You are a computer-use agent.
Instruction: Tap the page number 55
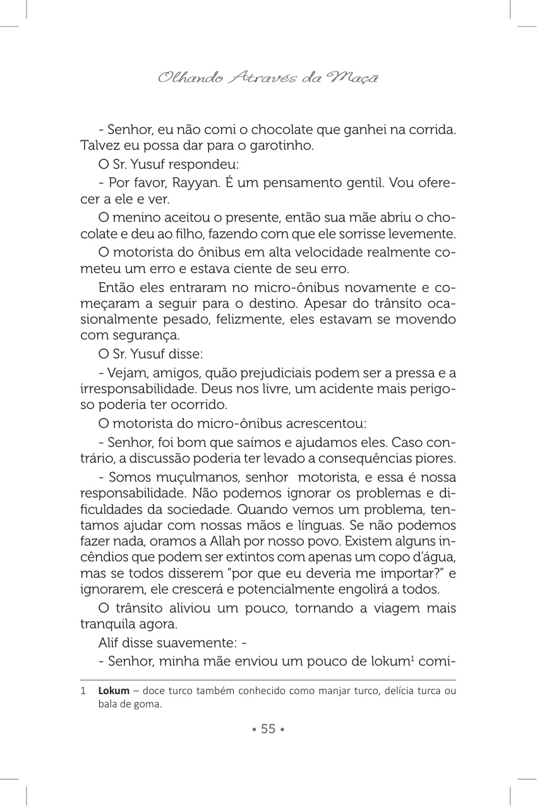coord(268,729)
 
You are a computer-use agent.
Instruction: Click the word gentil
coord(365,183)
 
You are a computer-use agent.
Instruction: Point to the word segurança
coord(142,336)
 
